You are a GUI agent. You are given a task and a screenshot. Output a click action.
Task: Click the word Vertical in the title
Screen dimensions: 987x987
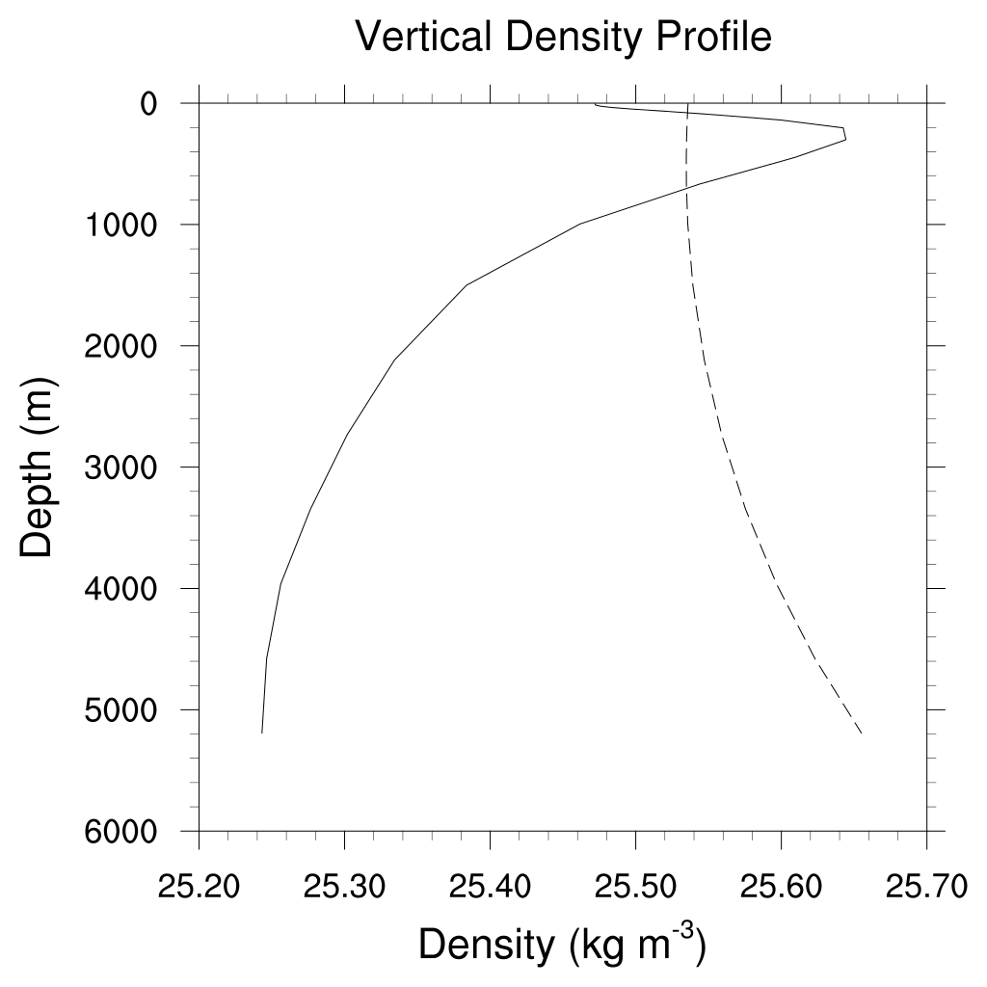point(413,37)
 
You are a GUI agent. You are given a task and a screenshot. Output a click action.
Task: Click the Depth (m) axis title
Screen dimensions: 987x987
point(39,467)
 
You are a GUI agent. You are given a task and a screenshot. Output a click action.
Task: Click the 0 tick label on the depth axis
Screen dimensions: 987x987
point(149,103)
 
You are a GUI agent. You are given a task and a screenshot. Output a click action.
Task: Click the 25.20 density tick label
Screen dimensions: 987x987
point(199,885)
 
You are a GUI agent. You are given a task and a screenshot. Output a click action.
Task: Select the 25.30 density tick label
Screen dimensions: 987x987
point(344,885)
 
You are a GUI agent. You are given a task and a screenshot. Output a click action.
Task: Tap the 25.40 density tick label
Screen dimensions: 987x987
point(490,885)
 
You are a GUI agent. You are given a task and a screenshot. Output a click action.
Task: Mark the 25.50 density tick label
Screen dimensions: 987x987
point(635,885)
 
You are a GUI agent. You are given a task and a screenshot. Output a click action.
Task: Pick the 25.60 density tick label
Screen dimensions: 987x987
point(781,885)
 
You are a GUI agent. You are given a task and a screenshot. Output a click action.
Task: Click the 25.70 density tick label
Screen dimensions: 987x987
point(926,885)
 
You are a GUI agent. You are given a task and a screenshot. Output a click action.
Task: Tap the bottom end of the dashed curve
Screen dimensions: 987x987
point(860,734)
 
